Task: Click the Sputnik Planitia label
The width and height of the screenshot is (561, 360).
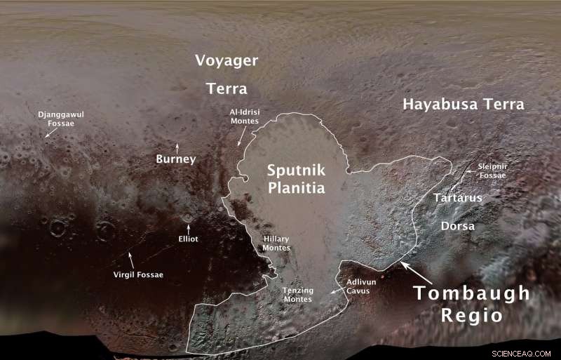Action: click(x=296, y=179)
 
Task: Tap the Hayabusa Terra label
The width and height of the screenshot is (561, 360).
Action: click(x=463, y=105)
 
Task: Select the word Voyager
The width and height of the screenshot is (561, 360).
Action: click(x=226, y=60)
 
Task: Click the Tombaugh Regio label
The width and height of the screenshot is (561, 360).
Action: click(x=471, y=304)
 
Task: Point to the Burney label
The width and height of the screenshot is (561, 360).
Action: click(x=175, y=159)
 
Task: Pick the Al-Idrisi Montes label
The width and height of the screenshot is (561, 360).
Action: click(x=244, y=116)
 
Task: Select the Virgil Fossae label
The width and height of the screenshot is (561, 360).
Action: click(x=138, y=274)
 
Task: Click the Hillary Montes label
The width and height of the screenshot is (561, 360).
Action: click(x=276, y=244)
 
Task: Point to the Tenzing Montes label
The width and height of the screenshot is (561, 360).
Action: click(x=297, y=295)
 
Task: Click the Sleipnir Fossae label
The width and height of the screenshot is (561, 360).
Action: click(x=492, y=171)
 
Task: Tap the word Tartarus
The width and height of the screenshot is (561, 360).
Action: click(x=457, y=198)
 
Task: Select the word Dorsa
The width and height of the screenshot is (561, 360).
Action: click(x=457, y=226)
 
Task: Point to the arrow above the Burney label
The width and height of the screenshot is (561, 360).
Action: click(x=177, y=147)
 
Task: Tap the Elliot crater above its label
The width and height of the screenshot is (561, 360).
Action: click(x=187, y=218)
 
